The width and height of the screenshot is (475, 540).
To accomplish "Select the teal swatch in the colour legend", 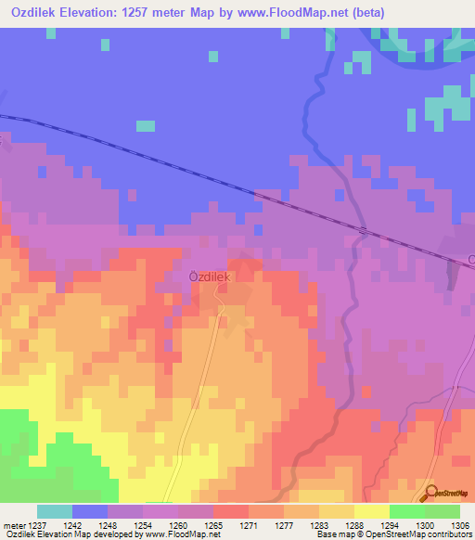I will point(55,511).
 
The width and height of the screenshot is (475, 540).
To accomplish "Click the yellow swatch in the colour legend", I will point(371,511).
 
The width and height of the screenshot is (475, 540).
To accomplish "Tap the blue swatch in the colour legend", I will point(90,511).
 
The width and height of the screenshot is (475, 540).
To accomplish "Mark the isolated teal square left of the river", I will point(146,125).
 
